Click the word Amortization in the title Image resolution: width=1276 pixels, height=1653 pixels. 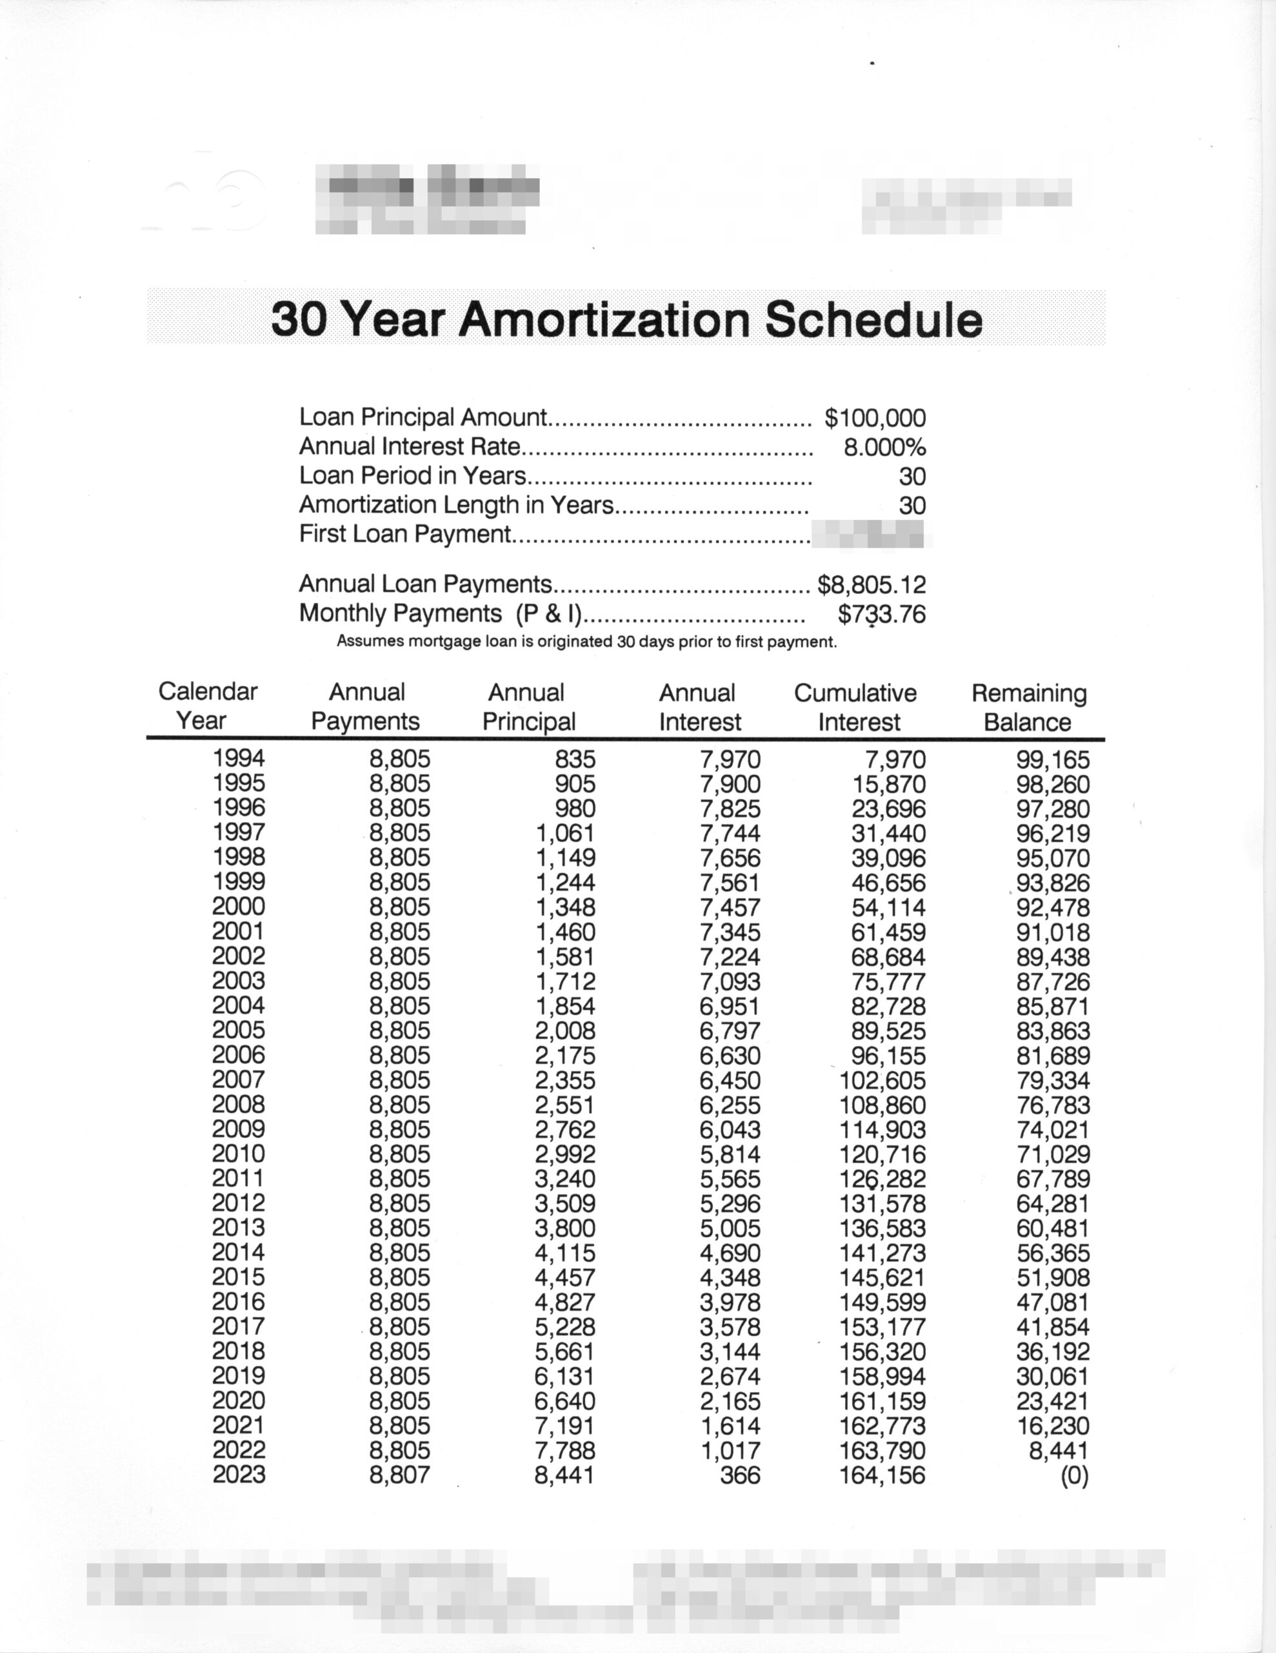(x=604, y=320)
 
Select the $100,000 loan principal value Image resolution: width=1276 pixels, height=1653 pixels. (x=875, y=418)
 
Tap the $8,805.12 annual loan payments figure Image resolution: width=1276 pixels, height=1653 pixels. (x=872, y=584)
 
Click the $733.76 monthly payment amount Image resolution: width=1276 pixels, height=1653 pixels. (x=881, y=614)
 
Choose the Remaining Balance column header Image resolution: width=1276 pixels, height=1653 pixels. (x=1029, y=707)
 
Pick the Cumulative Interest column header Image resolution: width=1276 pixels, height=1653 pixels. (x=855, y=707)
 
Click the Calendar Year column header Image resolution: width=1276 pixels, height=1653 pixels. (x=207, y=705)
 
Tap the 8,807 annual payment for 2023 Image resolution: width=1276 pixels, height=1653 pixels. (x=399, y=1474)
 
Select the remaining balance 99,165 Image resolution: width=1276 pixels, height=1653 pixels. (x=1053, y=759)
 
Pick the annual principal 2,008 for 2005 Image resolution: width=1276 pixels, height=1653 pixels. (x=565, y=1031)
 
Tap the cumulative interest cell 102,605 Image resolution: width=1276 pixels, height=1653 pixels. (x=882, y=1080)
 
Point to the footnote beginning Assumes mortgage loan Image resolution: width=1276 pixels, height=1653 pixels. (x=586, y=642)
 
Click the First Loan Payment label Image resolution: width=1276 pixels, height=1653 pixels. (x=405, y=535)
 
